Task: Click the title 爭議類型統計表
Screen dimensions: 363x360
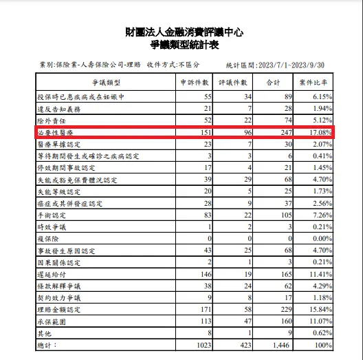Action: click(x=181, y=45)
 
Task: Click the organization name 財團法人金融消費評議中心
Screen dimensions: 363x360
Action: click(x=181, y=32)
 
